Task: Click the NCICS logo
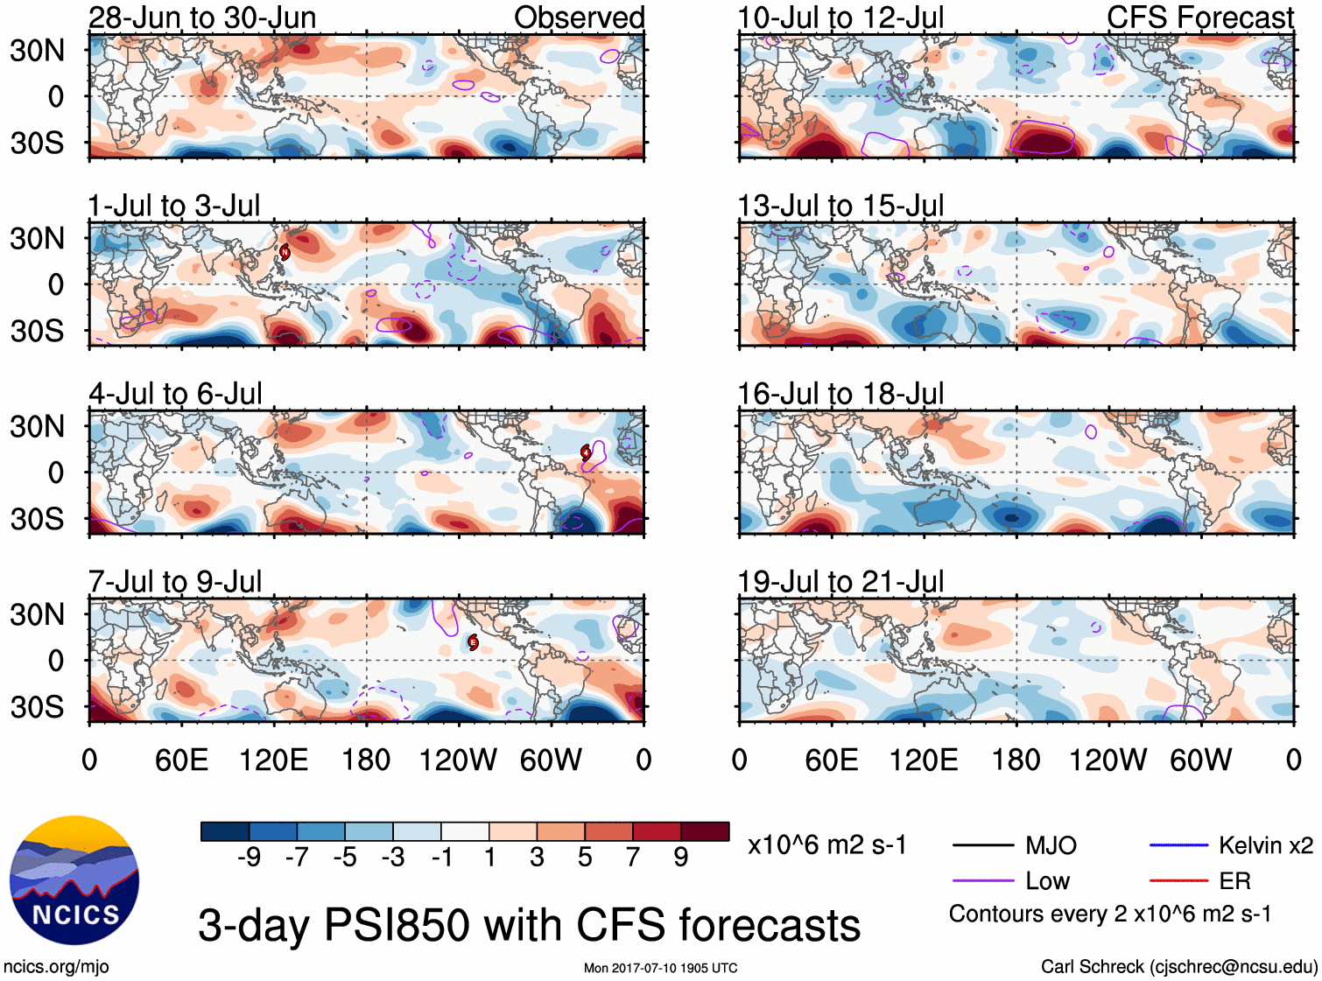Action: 74,880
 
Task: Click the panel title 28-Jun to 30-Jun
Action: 202,18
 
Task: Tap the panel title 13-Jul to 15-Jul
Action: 840,206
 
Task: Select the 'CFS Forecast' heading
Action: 1199,18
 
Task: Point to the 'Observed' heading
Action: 579,18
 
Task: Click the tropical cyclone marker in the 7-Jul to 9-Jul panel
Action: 473,642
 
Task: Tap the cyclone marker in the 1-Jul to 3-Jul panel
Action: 285,252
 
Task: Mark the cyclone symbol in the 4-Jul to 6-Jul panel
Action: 586,452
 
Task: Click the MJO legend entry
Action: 1051,845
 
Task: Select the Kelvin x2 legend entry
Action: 1265,845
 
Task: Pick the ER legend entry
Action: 1234,880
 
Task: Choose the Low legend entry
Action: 1047,880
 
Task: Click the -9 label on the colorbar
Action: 249,857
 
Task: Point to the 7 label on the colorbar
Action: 633,857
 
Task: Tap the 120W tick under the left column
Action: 458,760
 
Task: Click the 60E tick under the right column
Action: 831,760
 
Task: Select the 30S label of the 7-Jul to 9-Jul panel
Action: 37,706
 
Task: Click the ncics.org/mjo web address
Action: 56,967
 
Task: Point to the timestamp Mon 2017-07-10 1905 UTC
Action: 660,968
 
